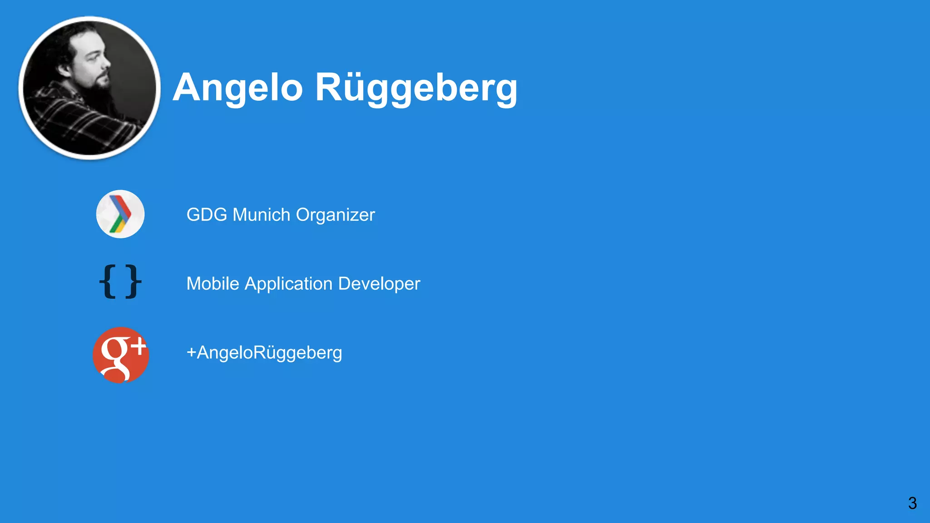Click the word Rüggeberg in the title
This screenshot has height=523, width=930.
click(x=416, y=89)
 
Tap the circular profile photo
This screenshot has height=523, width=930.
click(x=89, y=88)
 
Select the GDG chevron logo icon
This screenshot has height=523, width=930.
click(x=120, y=214)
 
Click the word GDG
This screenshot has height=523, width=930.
click(x=207, y=215)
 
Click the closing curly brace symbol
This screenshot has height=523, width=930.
click(x=133, y=281)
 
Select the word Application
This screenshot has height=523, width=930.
click(x=288, y=284)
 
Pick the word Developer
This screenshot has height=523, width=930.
click(x=379, y=284)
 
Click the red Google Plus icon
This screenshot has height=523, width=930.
click(x=121, y=355)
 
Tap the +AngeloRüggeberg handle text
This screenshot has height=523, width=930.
click(x=264, y=353)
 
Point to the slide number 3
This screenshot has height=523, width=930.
click(x=912, y=503)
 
